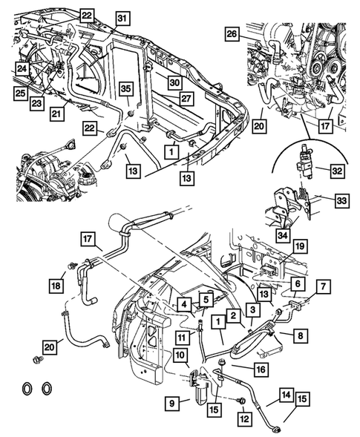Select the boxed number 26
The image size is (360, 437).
pyautogui.click(x=232, y=34)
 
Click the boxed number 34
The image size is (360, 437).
pyautogui.click(x=281, y=236)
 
